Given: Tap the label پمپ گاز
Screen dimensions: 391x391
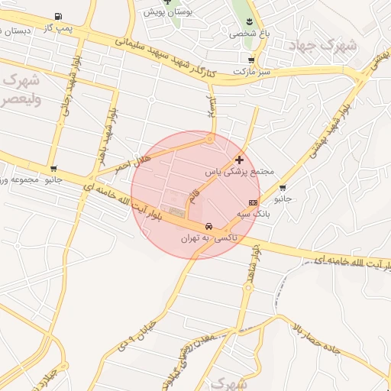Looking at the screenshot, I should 58,27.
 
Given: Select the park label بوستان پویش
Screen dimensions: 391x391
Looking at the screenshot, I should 168,13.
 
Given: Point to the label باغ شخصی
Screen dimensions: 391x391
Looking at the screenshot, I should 250,34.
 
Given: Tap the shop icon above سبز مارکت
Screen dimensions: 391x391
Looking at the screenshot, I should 251,60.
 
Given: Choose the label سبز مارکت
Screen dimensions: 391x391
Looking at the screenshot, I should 252,71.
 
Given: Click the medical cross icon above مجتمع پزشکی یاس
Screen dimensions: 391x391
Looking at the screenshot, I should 240,160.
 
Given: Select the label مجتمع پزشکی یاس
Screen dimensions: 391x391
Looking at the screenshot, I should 239,173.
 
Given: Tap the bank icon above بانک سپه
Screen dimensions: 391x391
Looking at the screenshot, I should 253,202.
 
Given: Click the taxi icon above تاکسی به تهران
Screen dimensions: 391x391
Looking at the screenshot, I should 208,227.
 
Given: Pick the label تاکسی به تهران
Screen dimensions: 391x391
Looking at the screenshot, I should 208,238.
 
